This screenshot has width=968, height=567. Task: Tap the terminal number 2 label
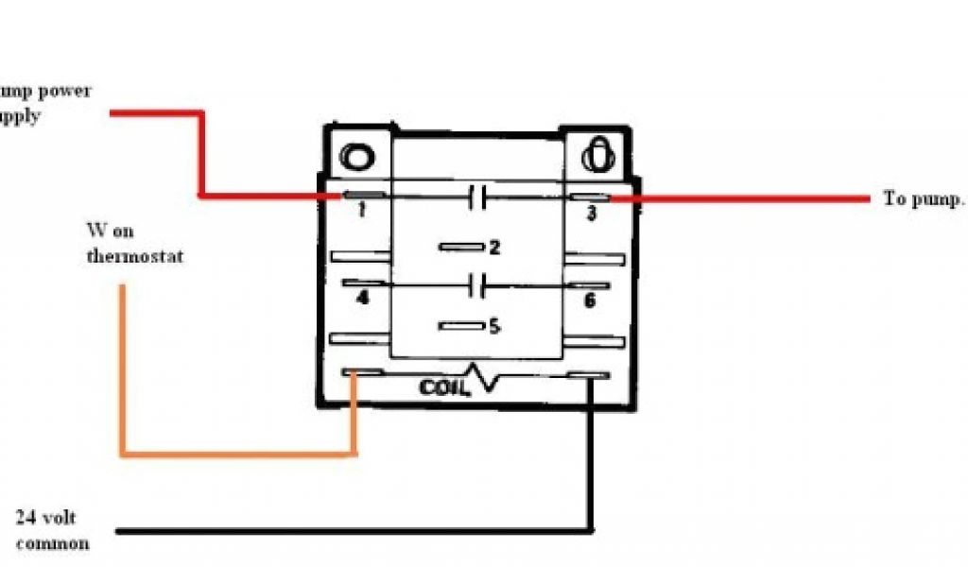[x=493, y=248]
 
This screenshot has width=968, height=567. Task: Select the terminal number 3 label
[x=591, y=214]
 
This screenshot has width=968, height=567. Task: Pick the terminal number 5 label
[x=493, y=327]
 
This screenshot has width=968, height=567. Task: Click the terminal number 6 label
[x=590, y=301]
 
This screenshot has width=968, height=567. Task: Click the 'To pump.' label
[x=924, y=199]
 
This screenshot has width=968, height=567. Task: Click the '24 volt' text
[x=45, y=517]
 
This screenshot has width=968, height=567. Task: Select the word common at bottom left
[x=53, y=543]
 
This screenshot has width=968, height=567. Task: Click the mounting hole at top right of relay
[x=598, y=154]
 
